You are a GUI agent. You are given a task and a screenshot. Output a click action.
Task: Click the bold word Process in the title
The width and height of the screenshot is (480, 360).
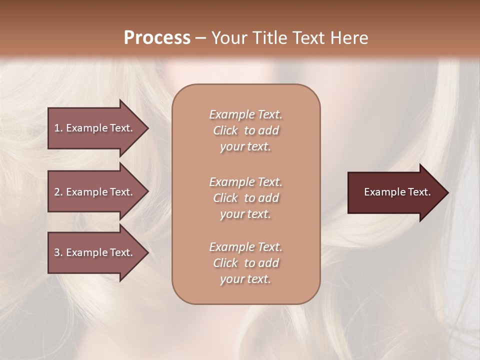pyautogui.click(x=157, y=38)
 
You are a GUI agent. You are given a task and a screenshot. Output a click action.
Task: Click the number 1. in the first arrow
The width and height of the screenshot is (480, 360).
pyautogui.click(x=58, y=128)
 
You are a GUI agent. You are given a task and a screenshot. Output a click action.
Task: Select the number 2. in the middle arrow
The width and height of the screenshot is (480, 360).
pyautogui.click(x=58, y=192)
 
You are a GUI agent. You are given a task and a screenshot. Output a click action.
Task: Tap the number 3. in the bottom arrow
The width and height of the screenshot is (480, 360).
pyautogui.click(x=58, y=252)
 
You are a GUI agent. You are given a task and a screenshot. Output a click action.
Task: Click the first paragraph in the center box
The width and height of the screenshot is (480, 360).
pyautogui.click(x=245, y=130)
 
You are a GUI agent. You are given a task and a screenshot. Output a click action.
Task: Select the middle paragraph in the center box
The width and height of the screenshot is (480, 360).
pyautogui.click(x=245, y=198)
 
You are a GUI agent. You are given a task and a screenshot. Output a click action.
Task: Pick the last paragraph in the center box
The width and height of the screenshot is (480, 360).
pyautogui.click(x=245, y=263)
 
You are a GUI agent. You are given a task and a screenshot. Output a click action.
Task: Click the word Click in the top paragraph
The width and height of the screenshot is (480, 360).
pyautogui.click(x=225, y=130)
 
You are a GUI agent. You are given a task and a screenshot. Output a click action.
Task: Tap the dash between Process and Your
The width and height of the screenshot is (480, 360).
pyautogui.click(x=200, y=38)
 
